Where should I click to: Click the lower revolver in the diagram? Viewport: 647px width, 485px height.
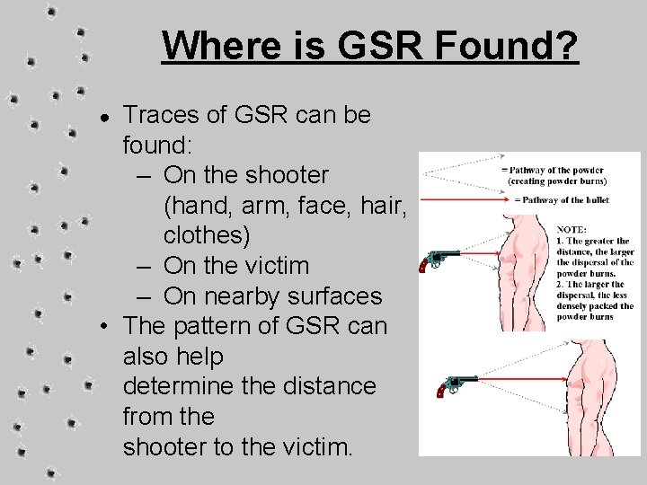[455, 385]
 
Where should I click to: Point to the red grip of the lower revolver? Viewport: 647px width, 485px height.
[441, 391]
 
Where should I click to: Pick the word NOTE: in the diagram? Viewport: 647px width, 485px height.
[572, 229]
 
